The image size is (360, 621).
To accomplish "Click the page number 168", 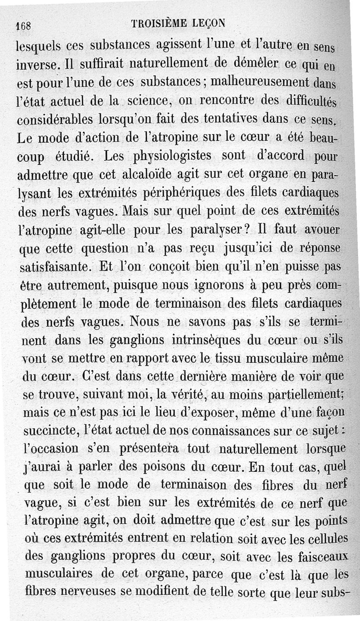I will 22,26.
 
